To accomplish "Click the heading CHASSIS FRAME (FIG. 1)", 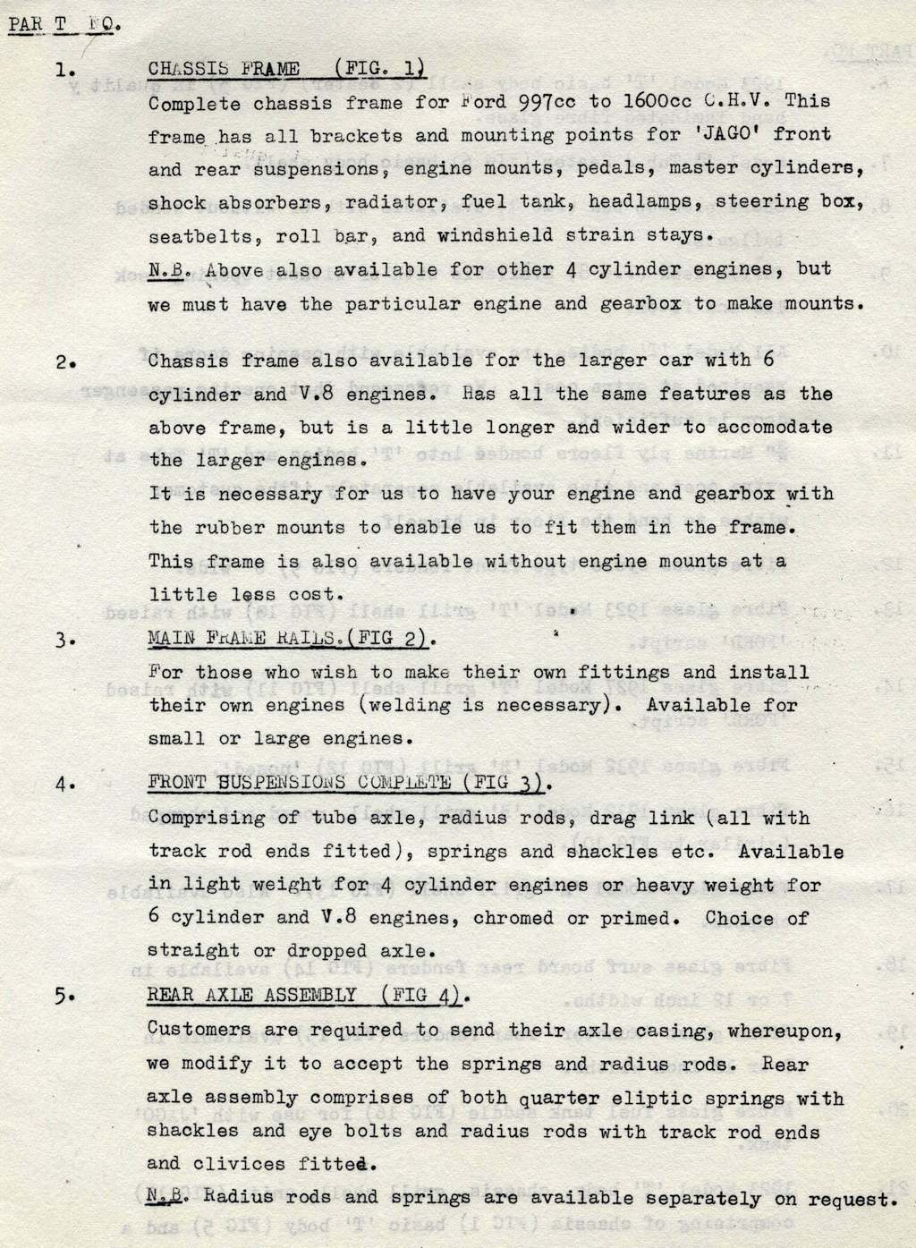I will pyautogui.click(x=284, y=69).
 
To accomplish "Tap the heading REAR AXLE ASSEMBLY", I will pyautogui.click(x=305, y=996).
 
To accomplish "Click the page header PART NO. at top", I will pyautogui.click(x=62, y=23).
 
